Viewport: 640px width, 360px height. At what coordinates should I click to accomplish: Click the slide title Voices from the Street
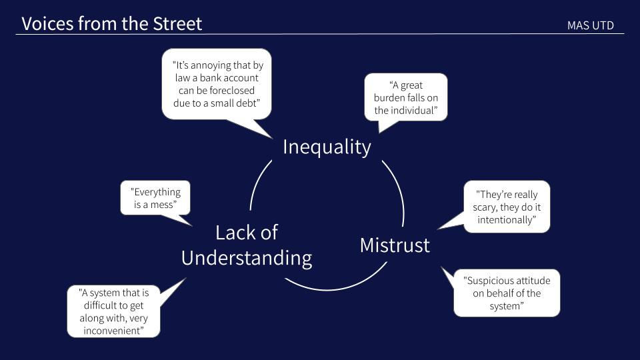111,24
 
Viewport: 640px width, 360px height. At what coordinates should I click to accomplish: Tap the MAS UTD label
590,25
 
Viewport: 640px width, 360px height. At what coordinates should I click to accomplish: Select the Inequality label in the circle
327,147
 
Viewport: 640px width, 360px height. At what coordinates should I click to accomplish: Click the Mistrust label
395,245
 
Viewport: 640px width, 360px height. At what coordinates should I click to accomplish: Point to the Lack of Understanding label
247,245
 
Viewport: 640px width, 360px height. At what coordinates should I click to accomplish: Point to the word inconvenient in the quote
113,330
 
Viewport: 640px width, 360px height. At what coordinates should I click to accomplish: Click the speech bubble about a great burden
405,97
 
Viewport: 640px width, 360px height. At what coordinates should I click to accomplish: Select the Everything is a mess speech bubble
155,198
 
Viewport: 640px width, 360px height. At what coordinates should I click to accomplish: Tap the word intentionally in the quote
507,219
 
